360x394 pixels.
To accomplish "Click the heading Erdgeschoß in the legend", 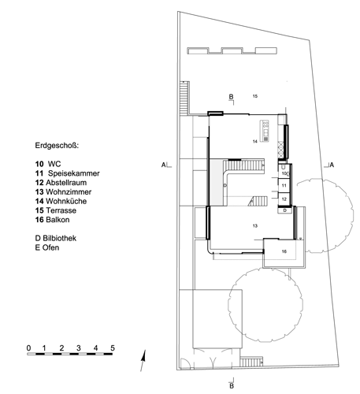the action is pos(57,146).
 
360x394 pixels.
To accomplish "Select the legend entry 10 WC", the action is pos(48,164).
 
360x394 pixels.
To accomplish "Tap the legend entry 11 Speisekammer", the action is pos(68,173).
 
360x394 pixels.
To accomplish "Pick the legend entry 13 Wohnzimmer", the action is pos(63,191).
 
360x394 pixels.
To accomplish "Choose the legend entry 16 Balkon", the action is pos(53,220).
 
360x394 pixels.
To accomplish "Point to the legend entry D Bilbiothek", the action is pos(56,238).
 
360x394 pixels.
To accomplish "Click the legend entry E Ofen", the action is pos(47,247).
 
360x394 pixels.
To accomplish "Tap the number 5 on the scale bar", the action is pos(113,348).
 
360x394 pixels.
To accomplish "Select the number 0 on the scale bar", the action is pos(28,348).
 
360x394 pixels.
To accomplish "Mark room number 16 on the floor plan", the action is pos(284,251).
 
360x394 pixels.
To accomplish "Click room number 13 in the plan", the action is pos(255,225).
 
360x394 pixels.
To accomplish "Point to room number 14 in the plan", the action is pos(255,142).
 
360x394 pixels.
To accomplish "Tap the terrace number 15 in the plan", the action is pos(255,96).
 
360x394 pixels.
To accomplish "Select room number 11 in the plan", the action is pos(284,185).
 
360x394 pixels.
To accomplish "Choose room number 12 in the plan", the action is pos(284,199).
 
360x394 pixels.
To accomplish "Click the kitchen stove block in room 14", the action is pos(265,131).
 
